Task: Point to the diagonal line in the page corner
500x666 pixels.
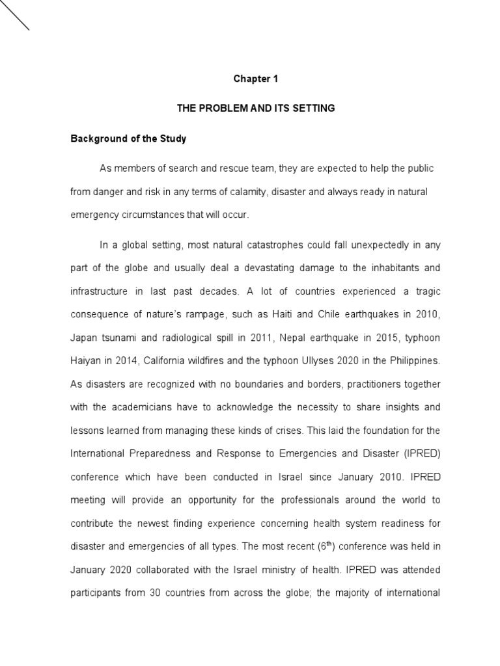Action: pos(14,15)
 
